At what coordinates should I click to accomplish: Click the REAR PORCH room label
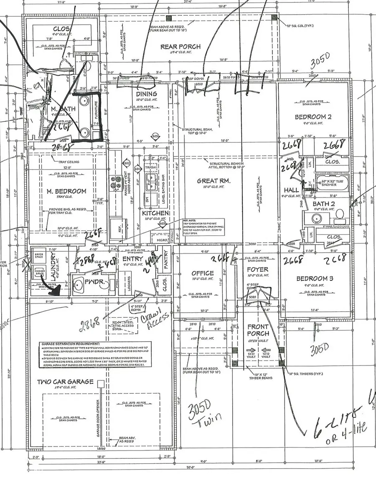(180, 47)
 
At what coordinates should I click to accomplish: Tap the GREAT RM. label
(213, 181)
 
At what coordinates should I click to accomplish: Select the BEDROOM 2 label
(313, 117)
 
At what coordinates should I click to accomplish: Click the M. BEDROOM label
(67, 191)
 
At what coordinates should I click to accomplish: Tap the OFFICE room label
(203, 273)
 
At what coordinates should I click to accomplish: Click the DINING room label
(146, 94)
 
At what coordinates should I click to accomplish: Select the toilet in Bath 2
(339, 214)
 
